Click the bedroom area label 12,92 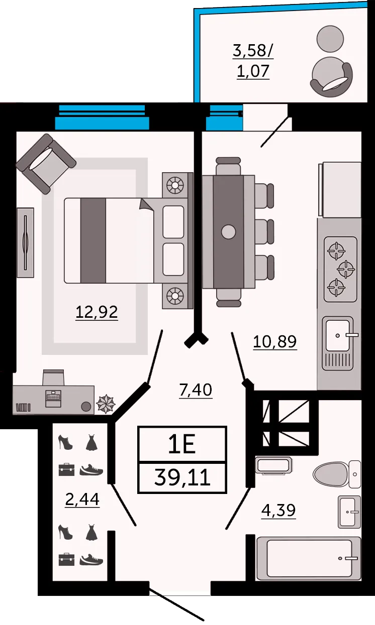[97, 312]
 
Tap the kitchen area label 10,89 [274, 341]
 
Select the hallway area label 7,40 [196, 390]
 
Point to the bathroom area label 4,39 [278, 510]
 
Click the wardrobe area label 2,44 [82, 499]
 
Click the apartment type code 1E [182, 444]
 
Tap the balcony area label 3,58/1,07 [253, 61]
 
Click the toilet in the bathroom [337, 474]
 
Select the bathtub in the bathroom [309, 558]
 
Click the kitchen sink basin [338, 336]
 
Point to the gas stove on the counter [341, 269]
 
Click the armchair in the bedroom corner [46, 164]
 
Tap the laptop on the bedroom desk [53, 399]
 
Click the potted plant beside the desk [106, 404]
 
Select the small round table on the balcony [330, 39]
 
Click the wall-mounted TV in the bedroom [26, 242]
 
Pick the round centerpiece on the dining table [229, 232]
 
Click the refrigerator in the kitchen [340, 190]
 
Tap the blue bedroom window [102, 117]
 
